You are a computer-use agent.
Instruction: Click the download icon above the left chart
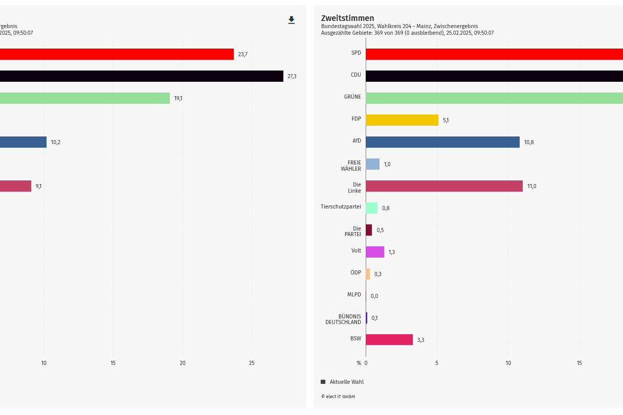tap(292, 20)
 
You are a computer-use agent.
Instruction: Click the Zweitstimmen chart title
tap(347, 18)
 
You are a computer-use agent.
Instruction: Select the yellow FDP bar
tap(402, 120)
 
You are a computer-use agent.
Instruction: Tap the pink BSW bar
tap(389, 340)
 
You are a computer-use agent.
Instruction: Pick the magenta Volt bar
tap(375, 252)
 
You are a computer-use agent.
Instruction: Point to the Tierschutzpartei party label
tap(341, 207)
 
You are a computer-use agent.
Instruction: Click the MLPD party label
tap(354, 295)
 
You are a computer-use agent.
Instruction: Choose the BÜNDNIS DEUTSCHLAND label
tap(343, 319)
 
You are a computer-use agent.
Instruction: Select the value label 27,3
tap(292, 76)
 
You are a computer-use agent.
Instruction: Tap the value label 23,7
tap(242, 54)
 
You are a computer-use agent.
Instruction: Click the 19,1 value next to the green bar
tap(178, 98)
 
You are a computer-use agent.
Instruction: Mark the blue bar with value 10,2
tap(23, 142)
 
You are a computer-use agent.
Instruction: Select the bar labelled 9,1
tap(15, 186)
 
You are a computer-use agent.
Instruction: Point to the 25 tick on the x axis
tap(252, 363)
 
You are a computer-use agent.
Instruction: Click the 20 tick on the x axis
tap(183, 363)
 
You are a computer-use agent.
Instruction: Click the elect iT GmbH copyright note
tap(338, 397)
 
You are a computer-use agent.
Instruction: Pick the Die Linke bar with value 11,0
tap(444, 186)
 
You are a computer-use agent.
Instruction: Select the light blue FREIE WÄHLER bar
tap(373, 164)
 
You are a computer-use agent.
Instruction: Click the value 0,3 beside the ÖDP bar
tap(378, 274)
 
